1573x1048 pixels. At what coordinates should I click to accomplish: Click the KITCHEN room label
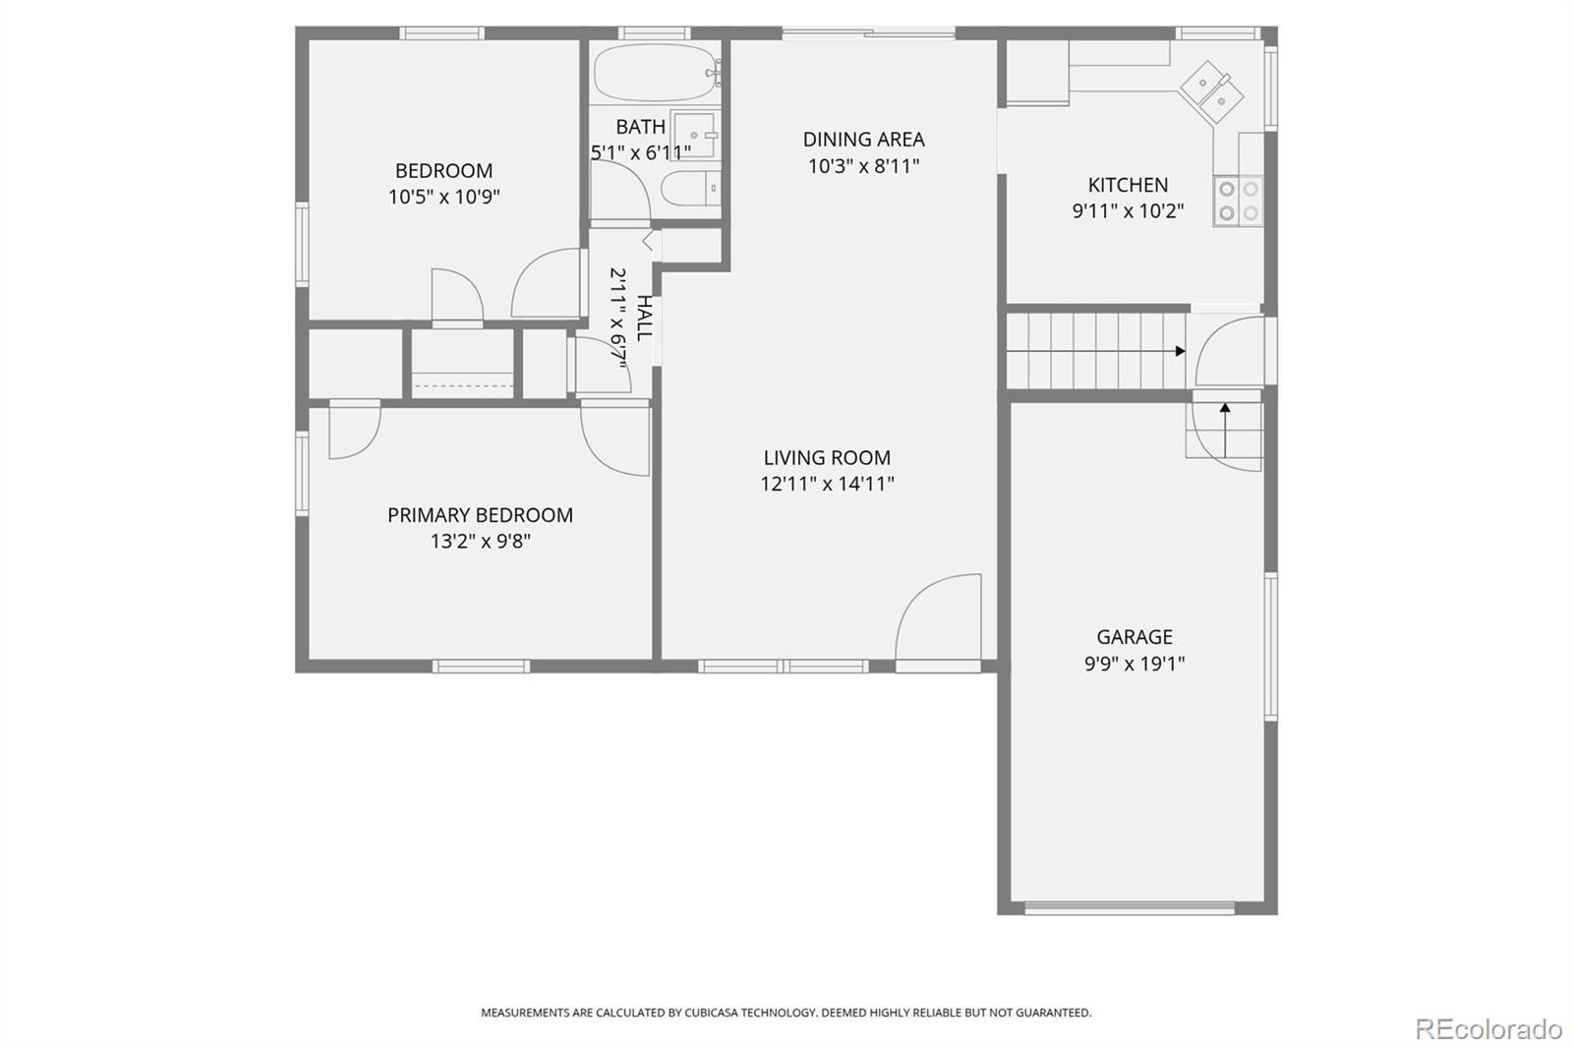click(x=1128, y=185)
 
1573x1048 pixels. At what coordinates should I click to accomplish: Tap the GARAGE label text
click(x=1135, y=637)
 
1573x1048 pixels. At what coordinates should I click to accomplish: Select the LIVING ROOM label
click(x=827, y=458)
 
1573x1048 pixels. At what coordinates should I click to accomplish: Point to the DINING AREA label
click(x=864, y=140)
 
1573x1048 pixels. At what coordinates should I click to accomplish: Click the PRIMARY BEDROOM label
click(x=481, y=515)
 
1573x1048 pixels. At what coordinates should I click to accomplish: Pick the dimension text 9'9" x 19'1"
click(x=1135, y=664)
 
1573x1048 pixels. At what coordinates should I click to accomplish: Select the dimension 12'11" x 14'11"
click(x=827, y=484)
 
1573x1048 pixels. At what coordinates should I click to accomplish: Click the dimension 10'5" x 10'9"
click(x=443, y=197)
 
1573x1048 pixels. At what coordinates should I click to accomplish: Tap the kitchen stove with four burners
click(x=1238, y=201)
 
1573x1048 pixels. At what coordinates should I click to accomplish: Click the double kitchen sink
click(x=1212, y=92)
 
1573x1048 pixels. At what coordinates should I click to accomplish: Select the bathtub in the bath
click(x=658, y=73)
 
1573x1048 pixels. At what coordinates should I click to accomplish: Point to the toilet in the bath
click(x=691, y=188)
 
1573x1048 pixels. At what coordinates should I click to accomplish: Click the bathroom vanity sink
click(x=694, y=135)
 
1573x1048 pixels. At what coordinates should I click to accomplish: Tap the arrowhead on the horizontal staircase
click(x=1181, y=351)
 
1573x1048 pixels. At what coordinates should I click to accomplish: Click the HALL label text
click(x=644, y=319)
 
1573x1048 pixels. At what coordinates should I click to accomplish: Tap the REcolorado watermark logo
click(x=1488, y=1029)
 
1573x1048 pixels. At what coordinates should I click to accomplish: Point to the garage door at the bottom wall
click(x=1130, y=909)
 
